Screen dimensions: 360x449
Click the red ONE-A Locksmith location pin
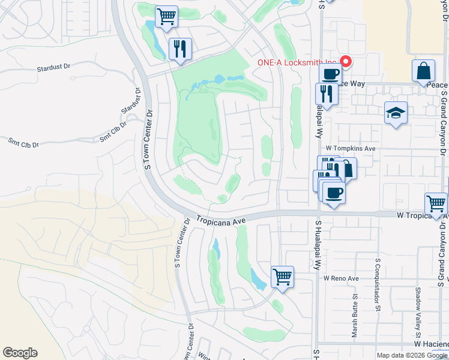click(346, 61)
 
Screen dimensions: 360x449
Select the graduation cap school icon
click(396, 113)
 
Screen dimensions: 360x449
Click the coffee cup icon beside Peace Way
click(330, 74)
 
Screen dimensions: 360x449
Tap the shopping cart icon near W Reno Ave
click(282, 277)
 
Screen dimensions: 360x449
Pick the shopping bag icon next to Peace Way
click(423, 70)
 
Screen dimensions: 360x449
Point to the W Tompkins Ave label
click(351, 148)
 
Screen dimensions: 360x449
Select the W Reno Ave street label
click(340, 278)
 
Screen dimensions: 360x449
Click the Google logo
click(20, 353)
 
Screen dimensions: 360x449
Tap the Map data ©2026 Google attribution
click(412, 355)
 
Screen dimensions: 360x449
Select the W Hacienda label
click(430, 344)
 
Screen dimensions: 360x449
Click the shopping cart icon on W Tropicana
click(436, 204)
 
